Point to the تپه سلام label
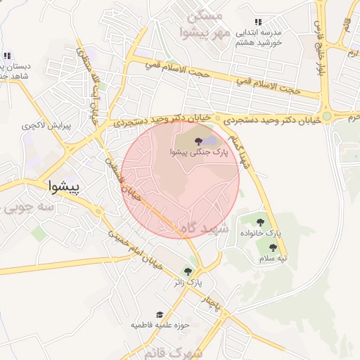point(273,258)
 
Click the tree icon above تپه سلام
point(273,247)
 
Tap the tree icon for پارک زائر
point(188,271)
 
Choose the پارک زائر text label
point(188,282)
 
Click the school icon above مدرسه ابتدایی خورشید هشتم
point(258,22)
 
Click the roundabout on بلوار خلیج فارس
point(326,116)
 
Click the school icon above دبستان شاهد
point(7,56)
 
